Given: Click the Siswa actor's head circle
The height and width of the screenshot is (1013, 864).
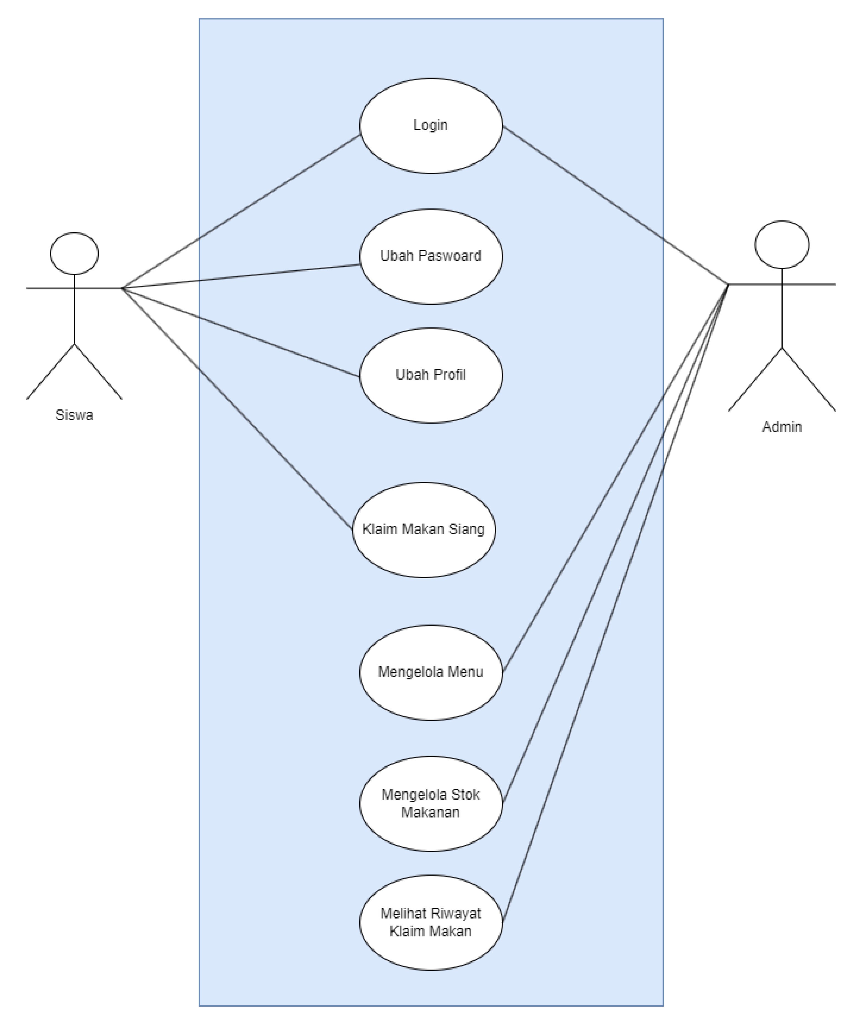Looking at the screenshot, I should (x=74, y=253).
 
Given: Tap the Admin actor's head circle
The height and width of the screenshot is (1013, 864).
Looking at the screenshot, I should (x=781, y=244).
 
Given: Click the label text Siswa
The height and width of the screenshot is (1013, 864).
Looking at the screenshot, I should (x=74, y=415).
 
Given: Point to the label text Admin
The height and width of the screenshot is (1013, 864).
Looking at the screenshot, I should (x=781, y=427).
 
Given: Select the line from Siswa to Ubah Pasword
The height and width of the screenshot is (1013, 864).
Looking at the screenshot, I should (x=241, y=277).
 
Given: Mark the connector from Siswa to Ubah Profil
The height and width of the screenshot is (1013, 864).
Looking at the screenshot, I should (x=241, y=332).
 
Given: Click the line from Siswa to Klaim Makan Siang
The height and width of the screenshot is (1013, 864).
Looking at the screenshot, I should (x=237, y=409).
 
